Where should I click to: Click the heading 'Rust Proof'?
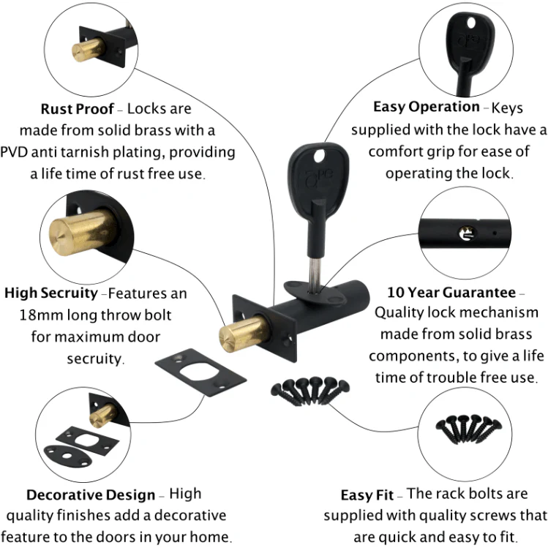tap(78, 109)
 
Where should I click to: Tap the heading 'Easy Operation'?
tap(427, 107)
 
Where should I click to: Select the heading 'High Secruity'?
tap(51, 293)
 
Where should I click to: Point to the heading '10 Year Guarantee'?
tap(451, 293)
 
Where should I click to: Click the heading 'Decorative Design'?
tap(91, 495)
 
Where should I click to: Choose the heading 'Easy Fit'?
tap(367, 495)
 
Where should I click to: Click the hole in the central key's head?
tap(320, 157)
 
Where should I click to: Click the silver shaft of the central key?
tap(315, 274)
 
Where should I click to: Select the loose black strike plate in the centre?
tap(200, 372)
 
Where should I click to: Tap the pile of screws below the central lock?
tap(310, 391)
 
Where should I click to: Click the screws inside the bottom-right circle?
tap(468, 429)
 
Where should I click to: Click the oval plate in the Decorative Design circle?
tap(68, 456)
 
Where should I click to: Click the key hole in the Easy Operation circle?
tap(471, 23)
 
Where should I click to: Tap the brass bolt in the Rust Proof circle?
tap(88, 50)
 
